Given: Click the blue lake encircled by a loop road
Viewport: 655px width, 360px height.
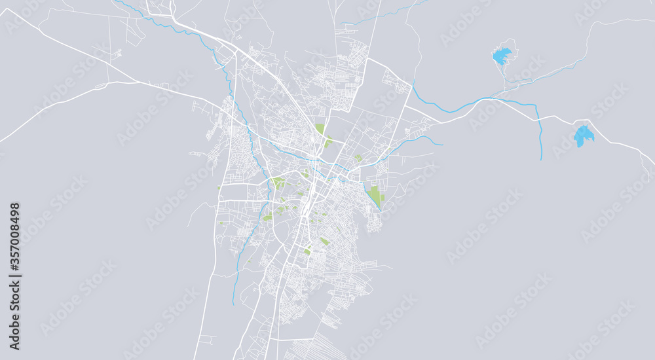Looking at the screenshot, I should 502,56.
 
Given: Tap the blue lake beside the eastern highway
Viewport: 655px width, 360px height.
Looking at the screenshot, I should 583,136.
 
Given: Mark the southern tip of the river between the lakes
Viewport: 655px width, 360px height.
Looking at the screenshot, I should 541,159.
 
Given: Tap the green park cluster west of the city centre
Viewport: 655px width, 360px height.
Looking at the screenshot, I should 279,183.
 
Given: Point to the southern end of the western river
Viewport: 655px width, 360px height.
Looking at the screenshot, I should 233,304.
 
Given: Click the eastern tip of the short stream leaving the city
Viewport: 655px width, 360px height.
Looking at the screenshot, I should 443,145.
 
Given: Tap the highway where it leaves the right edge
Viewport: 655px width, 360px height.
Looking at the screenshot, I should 652,163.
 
